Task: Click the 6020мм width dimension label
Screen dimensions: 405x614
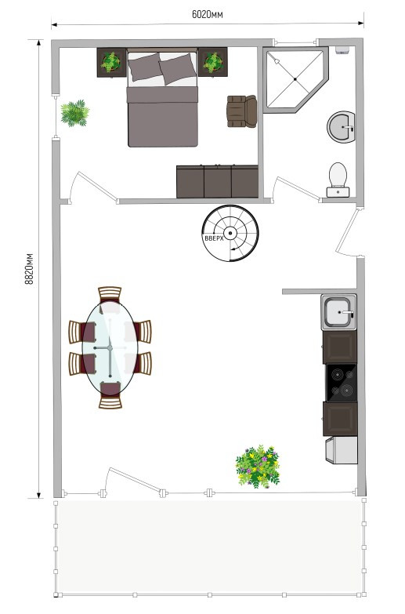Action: pos(208,14)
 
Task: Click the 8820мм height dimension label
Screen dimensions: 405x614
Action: pos(29,269)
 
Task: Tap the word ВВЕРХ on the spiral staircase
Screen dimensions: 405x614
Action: pos(214,238)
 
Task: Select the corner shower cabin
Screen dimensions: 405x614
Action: pos(295,79)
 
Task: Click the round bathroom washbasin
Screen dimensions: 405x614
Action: pos(342,127)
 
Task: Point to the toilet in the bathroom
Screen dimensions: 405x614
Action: pos(338,180)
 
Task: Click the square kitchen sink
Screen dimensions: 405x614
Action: pos(339,312)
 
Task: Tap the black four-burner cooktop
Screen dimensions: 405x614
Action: pos(342,383)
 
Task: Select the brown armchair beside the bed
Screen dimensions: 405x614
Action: pos(242,111)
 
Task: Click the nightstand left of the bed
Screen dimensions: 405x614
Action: pos(111,62)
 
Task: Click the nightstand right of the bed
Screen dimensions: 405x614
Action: pos(213,62)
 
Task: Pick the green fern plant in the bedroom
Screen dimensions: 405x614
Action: pos(74,113)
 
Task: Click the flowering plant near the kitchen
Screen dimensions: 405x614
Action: pos(258,467)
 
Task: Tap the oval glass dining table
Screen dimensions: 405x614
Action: pos(110,347)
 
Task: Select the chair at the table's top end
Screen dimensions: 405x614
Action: pos(110,295)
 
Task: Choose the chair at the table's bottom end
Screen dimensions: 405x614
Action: pos(110,395)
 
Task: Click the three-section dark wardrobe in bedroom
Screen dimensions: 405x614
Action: pos(217,182)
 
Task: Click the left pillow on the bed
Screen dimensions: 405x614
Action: pos(145,67)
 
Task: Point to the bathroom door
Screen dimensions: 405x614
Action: pos(298,188)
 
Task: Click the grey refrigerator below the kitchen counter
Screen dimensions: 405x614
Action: pos(342,450)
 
